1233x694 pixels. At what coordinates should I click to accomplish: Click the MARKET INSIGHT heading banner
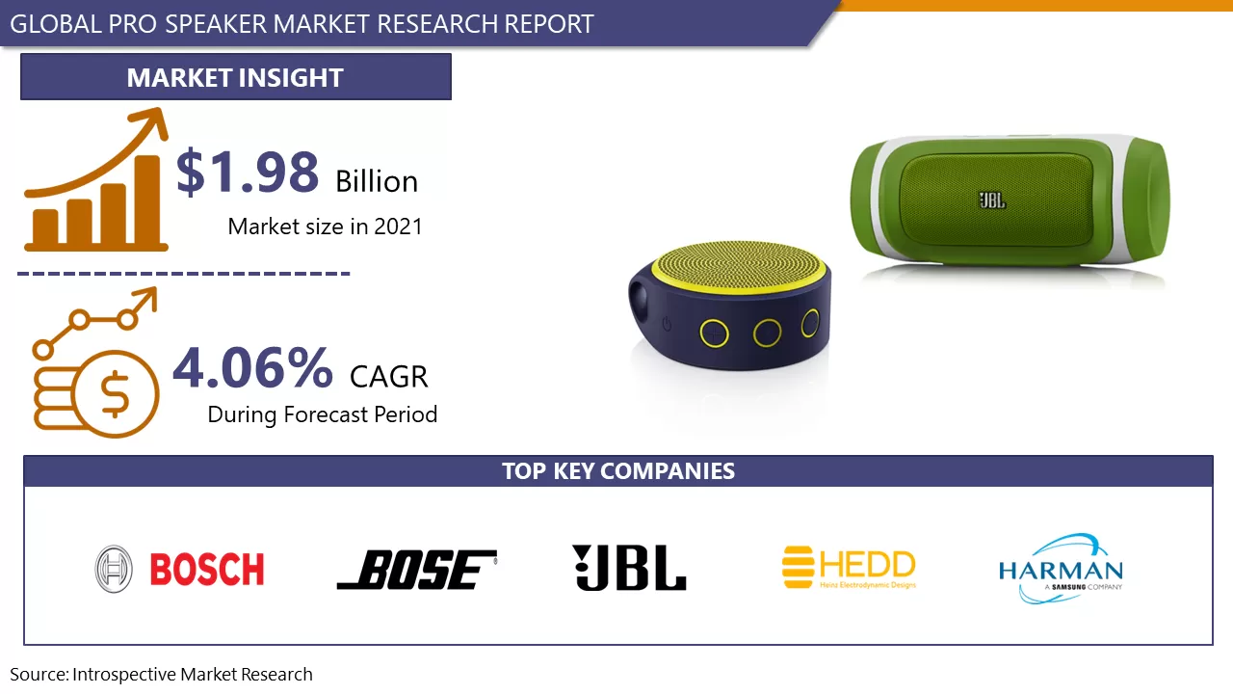point(235,77)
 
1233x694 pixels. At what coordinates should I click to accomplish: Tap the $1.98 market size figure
point(248,172)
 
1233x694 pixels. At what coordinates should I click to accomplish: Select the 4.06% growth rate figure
point(253,368)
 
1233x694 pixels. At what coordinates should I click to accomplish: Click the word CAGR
point(388,376)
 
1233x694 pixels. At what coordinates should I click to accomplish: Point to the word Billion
point(377,181)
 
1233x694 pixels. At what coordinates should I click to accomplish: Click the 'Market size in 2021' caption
point(325,227)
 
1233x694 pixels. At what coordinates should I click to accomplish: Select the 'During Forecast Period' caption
point(323,414)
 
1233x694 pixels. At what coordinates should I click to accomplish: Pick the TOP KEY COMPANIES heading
point(617,471)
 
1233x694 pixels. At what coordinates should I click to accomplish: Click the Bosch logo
point(180,569)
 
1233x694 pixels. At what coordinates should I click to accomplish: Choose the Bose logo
point(417,570)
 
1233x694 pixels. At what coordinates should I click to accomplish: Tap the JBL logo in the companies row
point(629,568)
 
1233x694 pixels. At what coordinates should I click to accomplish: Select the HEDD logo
point(849,567)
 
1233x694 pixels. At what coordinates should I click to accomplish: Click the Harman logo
point(1061,568)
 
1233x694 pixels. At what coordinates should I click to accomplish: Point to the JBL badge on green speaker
point(992,200)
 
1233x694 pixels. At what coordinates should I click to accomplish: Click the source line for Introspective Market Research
point(162,675)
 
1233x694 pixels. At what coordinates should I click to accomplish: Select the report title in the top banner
point(302,23)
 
